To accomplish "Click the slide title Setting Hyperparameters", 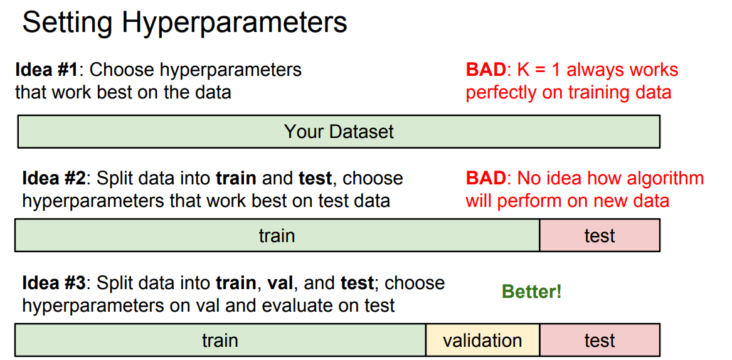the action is pyautogui.click(x=184, y=22).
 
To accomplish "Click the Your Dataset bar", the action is pyautogui.click(x=339, y=131).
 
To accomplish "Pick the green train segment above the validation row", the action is pyautogui.click(x=277, y=235).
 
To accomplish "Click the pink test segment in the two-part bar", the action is pyautogui.click(x=600, y=235).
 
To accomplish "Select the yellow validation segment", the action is pyautogui.click(x=483, y=341).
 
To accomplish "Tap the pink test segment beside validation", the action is pyautogui.click(x=600, y=341).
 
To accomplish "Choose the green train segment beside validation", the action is pyautogui.click(x=220, y=341).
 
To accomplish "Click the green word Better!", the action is pyautogui.click(x=532, y=292).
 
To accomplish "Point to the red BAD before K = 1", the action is pyautogui.click(x=485, y=70).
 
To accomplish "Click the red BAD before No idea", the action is pyautogui.click(x=485, y=178).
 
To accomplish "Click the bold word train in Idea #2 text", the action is pyautogui.click(x=236, y=178).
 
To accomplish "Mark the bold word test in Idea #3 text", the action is pyautogui.click(x=357, y=283).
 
